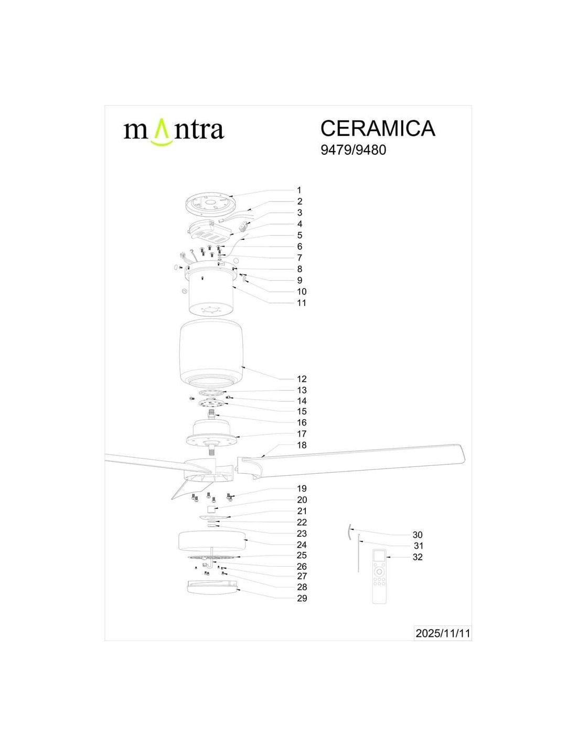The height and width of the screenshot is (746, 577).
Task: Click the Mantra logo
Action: tap(174, 131)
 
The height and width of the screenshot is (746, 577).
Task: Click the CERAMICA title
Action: tap(378, 128)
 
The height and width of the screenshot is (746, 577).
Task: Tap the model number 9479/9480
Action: tap(353, 150)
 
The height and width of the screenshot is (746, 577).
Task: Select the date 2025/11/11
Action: tap(442, 632)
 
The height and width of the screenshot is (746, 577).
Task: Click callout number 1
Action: tap(299, 190)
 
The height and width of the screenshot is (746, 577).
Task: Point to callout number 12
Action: tap(302, 379)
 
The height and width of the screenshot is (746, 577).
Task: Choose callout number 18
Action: tap(302, 445)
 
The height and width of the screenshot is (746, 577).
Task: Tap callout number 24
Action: tap(302, 545)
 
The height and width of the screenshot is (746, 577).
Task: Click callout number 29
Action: tap(302, 599)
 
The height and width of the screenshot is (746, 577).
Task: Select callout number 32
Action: tap(417, 557)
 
